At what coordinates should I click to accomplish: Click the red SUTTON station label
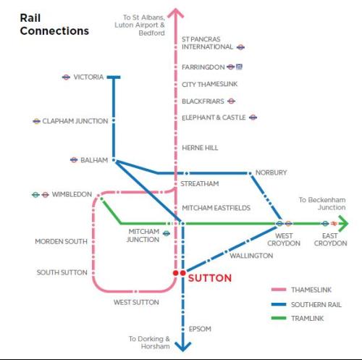(x=210, y=278)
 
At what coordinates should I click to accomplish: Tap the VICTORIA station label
(x=88, y=77)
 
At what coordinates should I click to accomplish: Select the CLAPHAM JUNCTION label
(x=75, y=121)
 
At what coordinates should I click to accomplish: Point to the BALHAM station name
(x=94, y=160)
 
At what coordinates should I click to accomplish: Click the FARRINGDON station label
(x=203, y=67)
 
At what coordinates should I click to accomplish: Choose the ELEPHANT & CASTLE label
(x=214, y=117)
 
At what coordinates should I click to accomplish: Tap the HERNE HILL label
(x=200, y=148)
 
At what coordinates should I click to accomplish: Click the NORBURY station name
(x=271, y=172)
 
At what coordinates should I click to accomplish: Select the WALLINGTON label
(x=251, y=256)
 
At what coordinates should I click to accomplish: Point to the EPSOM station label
(x=200, y=329)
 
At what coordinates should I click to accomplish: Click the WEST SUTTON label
(x=136, y=302)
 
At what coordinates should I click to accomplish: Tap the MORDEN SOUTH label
(x=61, y=241)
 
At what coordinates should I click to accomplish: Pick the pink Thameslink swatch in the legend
(x=279, y=290)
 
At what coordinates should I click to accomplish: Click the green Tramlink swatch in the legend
(x=279, y=318)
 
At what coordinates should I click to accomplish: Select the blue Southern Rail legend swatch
(x=279, y=304)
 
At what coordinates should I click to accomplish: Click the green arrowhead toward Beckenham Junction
(x=344, y=224)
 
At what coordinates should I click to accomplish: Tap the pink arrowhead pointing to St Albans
(x=176, y=13)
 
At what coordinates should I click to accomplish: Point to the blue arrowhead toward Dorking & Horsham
(x=182, y=346)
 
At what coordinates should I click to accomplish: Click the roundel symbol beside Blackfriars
(x=231, y=101)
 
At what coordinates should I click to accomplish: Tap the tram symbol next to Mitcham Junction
(x=167, y=233)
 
